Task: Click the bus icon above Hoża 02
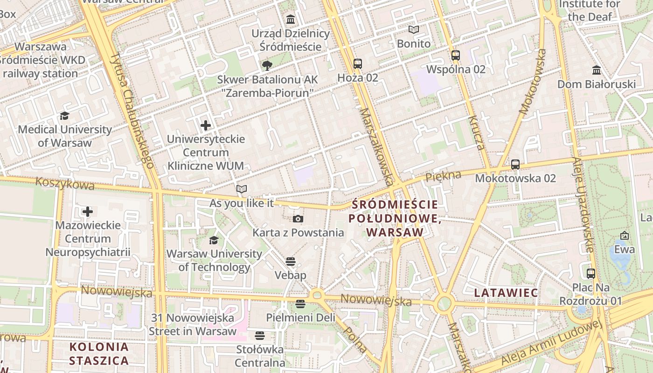[x=357, y=64]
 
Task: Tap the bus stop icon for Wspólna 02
[x=456, y=55]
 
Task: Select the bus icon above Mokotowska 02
[x=515, y=165]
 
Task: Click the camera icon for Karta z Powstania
[x=298, y=219]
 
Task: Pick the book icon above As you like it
[x=241, y=189]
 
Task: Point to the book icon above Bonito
[x=414, y=30]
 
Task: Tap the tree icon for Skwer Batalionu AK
[x=267, y=65]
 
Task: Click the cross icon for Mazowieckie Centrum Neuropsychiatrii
[x=88, y=212]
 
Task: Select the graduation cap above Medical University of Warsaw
[x=64, y=116]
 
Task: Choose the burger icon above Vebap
[x=291, y=262]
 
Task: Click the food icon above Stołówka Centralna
[x=260, y=336]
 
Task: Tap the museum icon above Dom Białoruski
[x=597, y=70]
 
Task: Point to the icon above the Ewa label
[x=625, y=236]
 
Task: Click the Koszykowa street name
[x=65, y=184]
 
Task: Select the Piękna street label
[x=443, y=176]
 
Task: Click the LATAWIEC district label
[x=506, y=293]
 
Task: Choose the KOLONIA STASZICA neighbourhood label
[x=99, y=353]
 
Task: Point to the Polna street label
[x=355, y=339]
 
